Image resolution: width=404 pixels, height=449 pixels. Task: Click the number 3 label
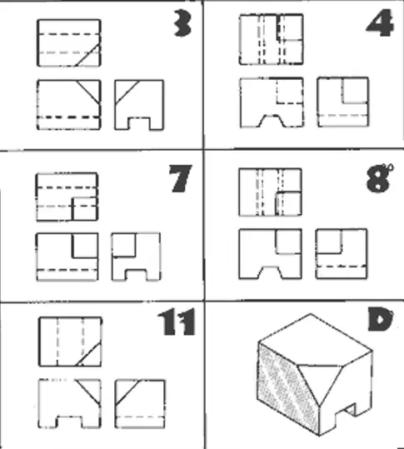(x=182, y=22)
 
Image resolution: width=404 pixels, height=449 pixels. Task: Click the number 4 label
(x=380, y=22)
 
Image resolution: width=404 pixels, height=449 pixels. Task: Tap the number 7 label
(x=180, y=178)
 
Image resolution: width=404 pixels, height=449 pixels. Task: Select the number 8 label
(x=379, y=177)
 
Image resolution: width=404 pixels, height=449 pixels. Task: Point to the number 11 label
(x=177, y=322)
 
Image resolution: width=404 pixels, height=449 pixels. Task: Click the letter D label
(x=380, y=319)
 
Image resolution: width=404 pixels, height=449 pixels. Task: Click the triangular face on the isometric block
(x=321, y=379)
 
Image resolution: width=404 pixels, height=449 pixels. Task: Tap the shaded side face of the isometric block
(x=287, y=388)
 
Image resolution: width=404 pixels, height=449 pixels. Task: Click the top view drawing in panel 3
(x=68, y=43)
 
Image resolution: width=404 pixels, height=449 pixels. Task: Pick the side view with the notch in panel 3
(x=139, y=105)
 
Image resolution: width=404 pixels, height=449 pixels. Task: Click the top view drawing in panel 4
(x=272, y=39)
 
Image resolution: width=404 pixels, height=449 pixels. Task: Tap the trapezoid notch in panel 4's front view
(x=272, y=121)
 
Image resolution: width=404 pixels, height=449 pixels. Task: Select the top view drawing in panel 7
(x=67, y=197)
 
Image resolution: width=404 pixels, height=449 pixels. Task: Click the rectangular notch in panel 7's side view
(x=136, y=274)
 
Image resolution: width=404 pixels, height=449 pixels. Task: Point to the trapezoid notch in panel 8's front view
(x=271, y=272)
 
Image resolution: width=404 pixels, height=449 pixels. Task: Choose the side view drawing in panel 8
(x=342, y=253)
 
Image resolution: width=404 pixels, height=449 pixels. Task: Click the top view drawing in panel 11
(x=70, y=342)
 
